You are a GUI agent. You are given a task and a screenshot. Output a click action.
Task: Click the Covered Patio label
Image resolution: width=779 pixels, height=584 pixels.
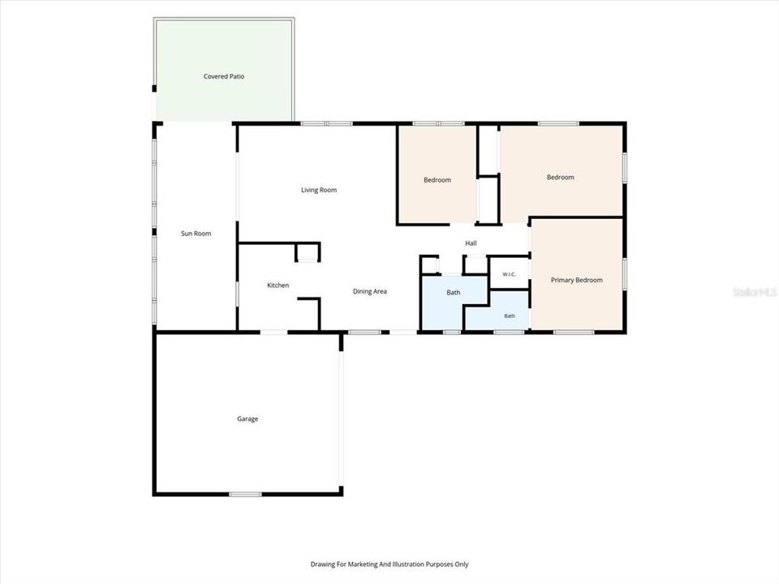click(x=224, y=76)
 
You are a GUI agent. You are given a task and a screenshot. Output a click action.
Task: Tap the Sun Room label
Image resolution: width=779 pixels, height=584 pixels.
click(x=196, y=234)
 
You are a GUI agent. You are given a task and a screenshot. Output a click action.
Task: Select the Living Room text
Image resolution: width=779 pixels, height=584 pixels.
click(x=319, y=190)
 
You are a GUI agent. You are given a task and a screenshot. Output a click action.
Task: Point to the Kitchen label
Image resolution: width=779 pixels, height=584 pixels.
click(x=278, y=285)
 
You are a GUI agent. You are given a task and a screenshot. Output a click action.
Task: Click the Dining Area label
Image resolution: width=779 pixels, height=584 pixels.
click(x=370, y=291)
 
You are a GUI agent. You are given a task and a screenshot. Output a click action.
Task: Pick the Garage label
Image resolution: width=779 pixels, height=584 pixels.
click(x=247, y=419)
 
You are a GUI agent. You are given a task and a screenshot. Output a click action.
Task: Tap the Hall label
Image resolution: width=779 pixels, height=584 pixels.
click(x=471, y=243)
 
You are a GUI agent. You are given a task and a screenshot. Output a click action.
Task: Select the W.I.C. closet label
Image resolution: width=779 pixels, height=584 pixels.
click(x=509, y=274)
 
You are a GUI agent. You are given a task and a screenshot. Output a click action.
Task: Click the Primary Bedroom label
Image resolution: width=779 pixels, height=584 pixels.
click(x=576, y=280)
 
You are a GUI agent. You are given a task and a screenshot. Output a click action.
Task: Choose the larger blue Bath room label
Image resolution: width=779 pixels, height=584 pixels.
click(x=453, y=293)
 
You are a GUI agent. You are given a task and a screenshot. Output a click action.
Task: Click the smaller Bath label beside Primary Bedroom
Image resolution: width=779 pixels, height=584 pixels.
click(x=510, y=316)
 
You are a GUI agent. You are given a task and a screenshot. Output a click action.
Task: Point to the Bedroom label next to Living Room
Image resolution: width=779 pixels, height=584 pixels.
click(x=437, y=180)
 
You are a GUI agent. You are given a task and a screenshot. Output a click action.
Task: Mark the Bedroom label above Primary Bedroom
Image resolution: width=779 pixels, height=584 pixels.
click(x=561, y=178)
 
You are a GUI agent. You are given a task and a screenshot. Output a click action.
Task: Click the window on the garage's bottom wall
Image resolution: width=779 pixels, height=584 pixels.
click(x=245, y=494)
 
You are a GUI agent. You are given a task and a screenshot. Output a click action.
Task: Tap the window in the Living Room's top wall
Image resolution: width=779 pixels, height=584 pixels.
click(x=326, y=123)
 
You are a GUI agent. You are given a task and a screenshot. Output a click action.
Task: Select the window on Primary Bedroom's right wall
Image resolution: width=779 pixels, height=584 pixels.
click(x=625, y=274)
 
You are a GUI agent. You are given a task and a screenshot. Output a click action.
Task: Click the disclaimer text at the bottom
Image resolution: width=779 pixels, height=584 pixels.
click(x=389, y=565)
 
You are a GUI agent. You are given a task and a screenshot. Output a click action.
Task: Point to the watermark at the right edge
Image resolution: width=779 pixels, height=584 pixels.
click(x=755, y=292)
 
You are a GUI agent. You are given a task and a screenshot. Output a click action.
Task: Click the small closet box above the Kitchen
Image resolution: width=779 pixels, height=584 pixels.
click(x=308, y=252)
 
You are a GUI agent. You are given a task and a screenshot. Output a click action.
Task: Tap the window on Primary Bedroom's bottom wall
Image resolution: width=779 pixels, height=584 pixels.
click(x=574, y=332)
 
